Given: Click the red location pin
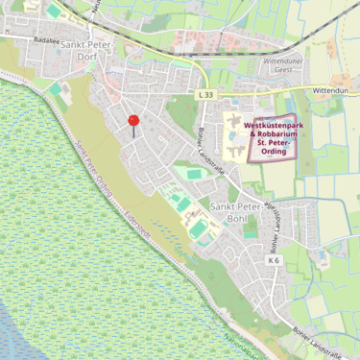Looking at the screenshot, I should [133, 121].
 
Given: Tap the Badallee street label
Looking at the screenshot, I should [45, 41].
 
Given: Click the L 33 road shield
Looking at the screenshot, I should [205, 95].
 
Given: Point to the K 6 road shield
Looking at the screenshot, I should [274, 260].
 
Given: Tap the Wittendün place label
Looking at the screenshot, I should [335, 90].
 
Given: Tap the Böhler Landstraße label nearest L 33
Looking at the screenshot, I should [204, 143].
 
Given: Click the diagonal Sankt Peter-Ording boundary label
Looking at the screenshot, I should [94, 172].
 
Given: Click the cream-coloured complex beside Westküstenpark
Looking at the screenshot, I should [233, 134].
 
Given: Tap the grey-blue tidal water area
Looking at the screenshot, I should [24, 336].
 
